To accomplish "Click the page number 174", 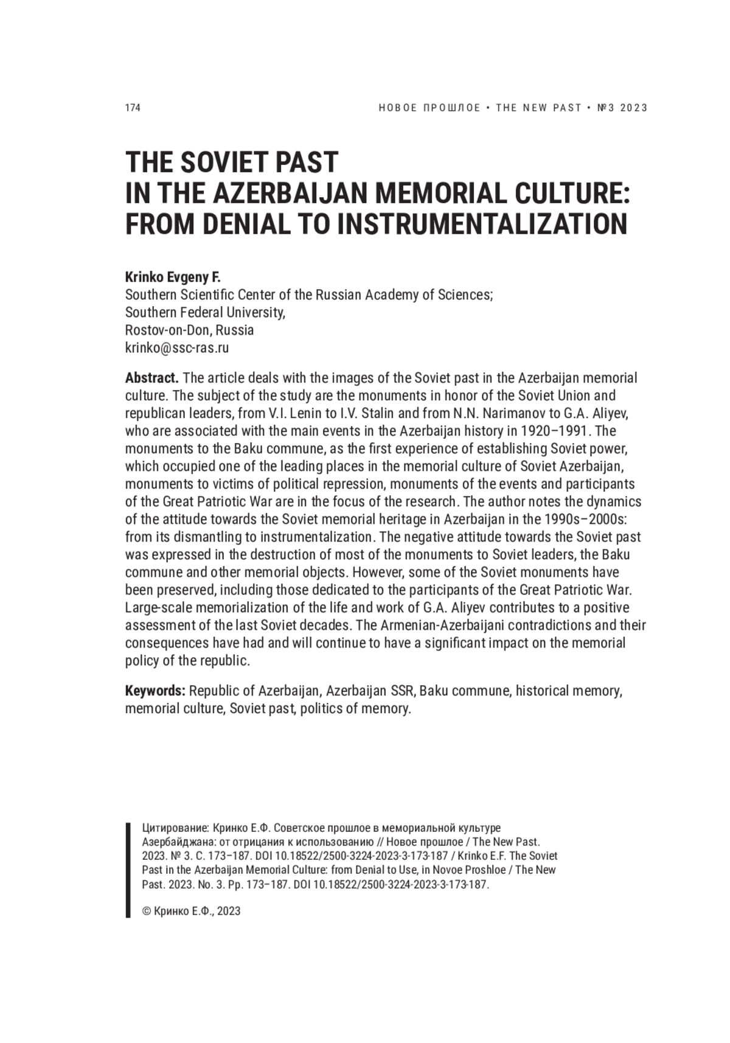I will click(x=133, y=108).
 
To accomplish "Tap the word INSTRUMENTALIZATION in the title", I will click(x=482, y=224).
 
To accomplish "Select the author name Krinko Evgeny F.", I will click(x=173, y=277).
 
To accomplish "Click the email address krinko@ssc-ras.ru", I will click(x=176, y=348).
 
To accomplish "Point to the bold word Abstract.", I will click(x=151, y=378).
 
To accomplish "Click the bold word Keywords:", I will click(x=155, y=691).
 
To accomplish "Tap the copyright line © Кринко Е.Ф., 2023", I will click(x=191, y=911).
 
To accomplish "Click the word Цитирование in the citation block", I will click(x=175, y=828).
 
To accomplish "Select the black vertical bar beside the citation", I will click(x=128, y=870).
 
